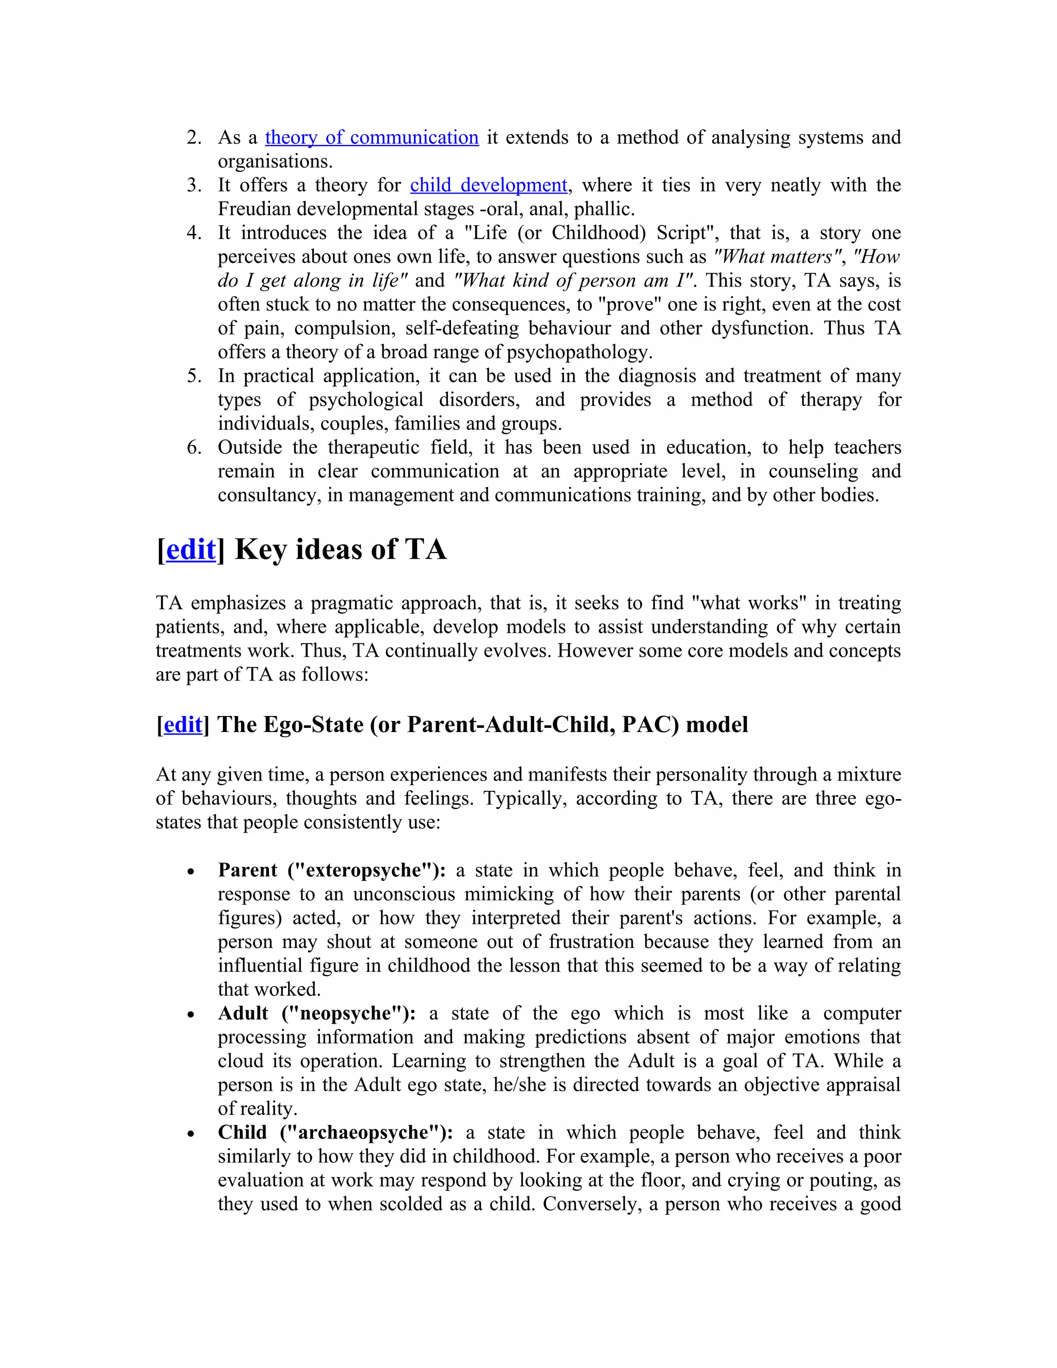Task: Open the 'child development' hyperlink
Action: click(488, 185)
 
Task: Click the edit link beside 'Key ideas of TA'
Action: click(190, 549)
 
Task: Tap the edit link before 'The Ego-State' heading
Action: click(182, 724)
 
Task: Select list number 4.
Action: click(194, 233)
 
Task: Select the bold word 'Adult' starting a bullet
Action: click(243, 1013)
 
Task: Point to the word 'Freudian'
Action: click(255, 209)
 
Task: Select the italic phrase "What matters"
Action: click(776, 257)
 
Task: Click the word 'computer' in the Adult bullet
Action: click(861, 1013)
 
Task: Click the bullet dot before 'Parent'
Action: click(191, 872)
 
